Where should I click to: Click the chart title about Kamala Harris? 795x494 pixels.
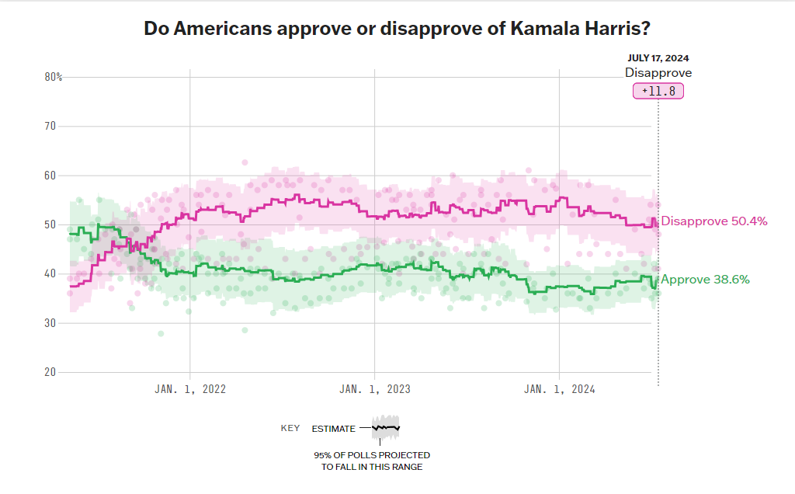coord(397,29)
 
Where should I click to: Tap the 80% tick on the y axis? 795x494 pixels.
coord(54,77)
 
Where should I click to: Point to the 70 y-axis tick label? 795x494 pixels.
coord(51,126)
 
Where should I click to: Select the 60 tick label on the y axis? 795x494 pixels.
coord(51,176)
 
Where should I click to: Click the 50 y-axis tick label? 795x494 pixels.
coord(51,224)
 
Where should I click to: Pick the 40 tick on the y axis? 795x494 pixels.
coord(51,273)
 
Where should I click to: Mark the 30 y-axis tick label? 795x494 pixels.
coord(51,323)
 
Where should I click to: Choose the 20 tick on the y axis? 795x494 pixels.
coord(51,372)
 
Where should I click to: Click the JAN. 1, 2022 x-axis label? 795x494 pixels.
coord(190,390)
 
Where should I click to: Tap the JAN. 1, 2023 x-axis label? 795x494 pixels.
coord(375,390)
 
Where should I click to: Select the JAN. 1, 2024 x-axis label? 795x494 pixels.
coord(559,390)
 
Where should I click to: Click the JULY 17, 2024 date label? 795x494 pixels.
coord(658,57)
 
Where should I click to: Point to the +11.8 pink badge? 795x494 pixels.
coord(658,91)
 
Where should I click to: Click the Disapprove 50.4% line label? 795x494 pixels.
coord(714,221)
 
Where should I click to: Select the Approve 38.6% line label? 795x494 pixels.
coord(705,280)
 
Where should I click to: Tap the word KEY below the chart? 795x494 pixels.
coord(290,428)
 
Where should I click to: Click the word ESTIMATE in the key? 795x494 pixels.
coord(333,429)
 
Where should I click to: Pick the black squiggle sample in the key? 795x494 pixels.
coord(385,427)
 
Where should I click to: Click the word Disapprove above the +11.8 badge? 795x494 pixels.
coord(658,73)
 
